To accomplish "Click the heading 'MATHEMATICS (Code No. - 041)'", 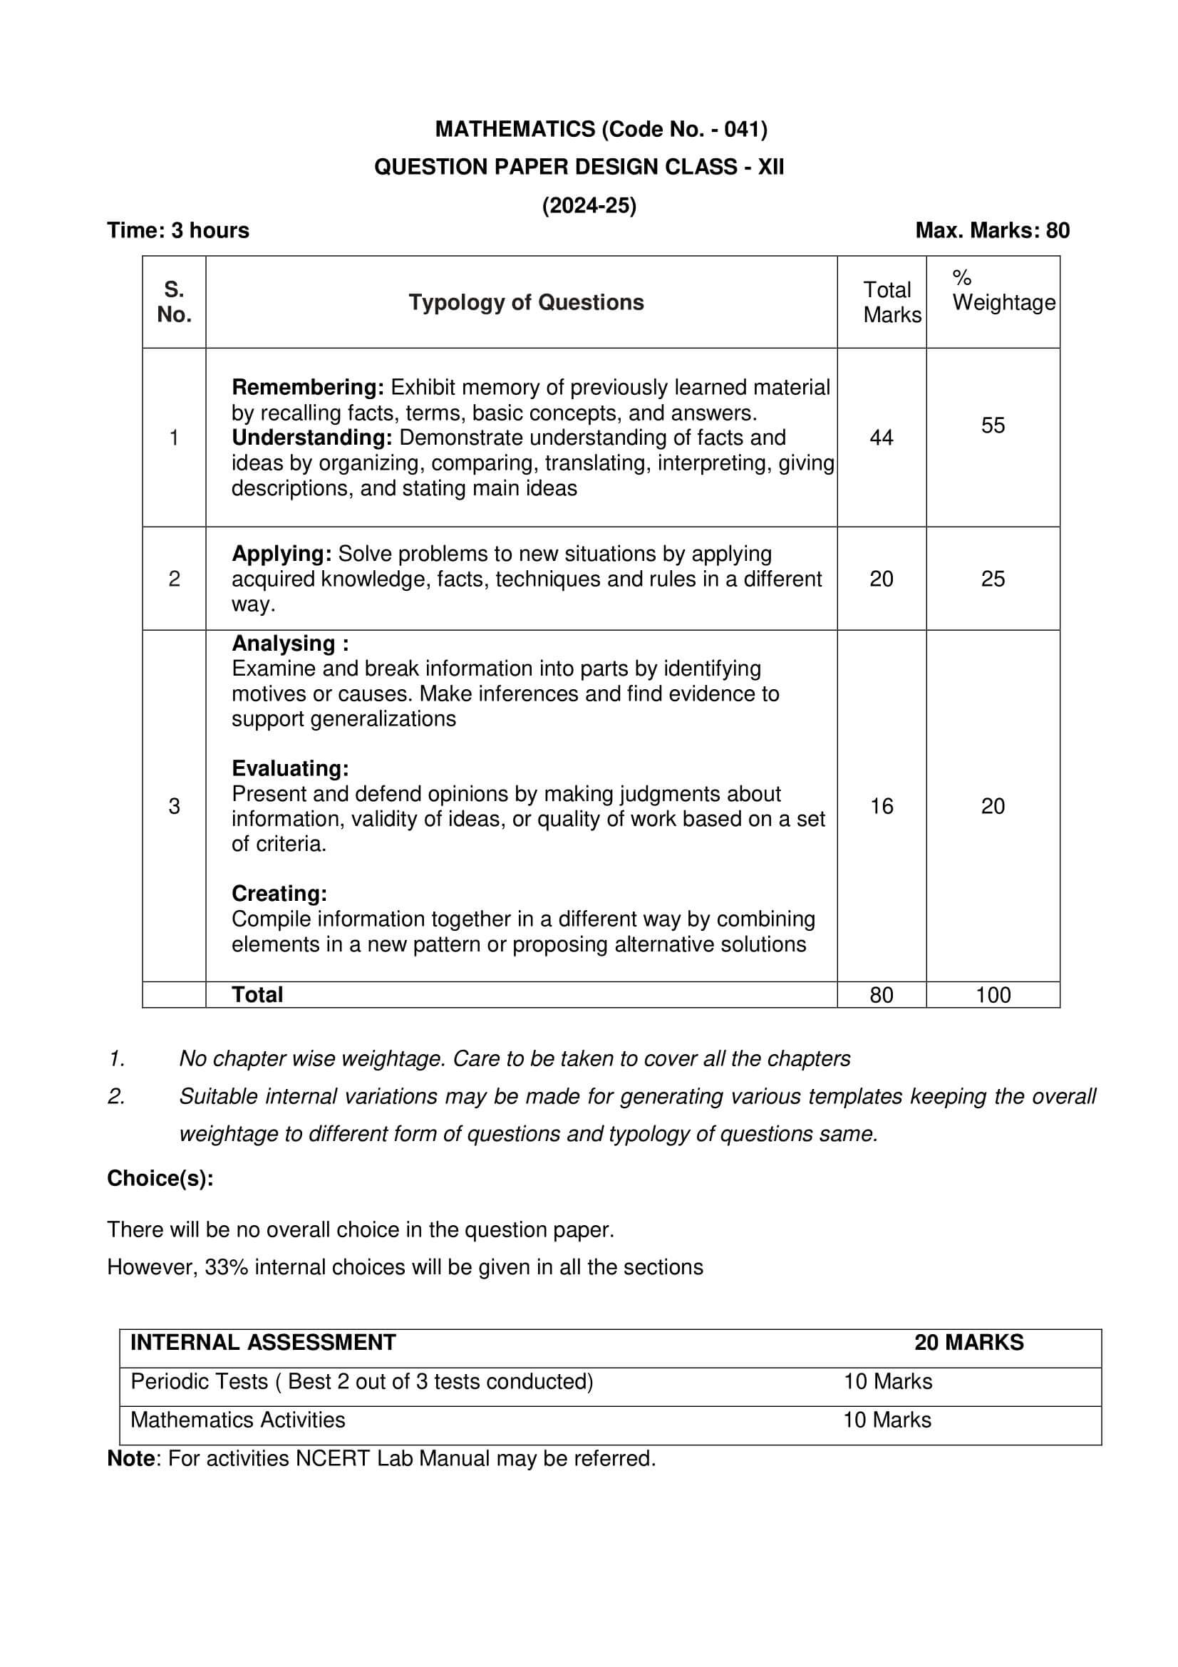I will [601, 129].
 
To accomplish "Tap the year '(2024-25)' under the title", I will [589, 206].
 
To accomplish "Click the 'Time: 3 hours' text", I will [178, 230].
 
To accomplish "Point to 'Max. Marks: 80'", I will [991, 230].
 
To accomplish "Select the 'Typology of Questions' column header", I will [525, 302].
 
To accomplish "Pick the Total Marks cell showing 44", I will [880, 437].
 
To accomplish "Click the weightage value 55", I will [992, 425].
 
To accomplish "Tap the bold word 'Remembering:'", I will [307, 387].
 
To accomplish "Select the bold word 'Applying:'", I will [281, 553].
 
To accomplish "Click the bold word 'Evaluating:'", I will [289, 768].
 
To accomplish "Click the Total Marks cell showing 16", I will [880, 806].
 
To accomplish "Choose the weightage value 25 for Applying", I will [992, 579].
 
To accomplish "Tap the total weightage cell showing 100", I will [992, 995].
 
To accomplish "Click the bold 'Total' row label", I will [257, 995].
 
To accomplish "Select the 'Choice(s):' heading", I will [160, 1177].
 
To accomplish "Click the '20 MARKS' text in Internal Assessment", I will [968, 1343].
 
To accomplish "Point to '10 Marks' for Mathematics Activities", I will [887, 1420].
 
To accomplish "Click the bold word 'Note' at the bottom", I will [130, 1459].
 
